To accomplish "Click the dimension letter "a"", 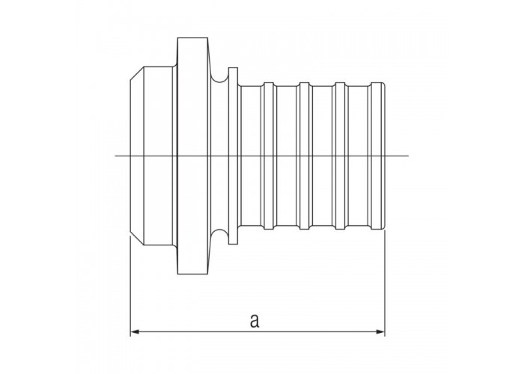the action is click(x=255, y=321).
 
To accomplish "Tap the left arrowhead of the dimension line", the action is click(x=134, y=331).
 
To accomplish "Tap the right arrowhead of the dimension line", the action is click(x=380, y=331).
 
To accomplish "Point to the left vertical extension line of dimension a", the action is click(x=130, y=286).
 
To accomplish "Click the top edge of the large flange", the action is click(x=192, y=37).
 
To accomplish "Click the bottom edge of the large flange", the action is click(x=192, y=275).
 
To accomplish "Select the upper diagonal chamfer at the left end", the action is click(x=137, y=73).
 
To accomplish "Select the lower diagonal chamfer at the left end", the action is click(x=137, y=239).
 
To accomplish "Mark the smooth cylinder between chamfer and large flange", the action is click(x=159, y=156).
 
